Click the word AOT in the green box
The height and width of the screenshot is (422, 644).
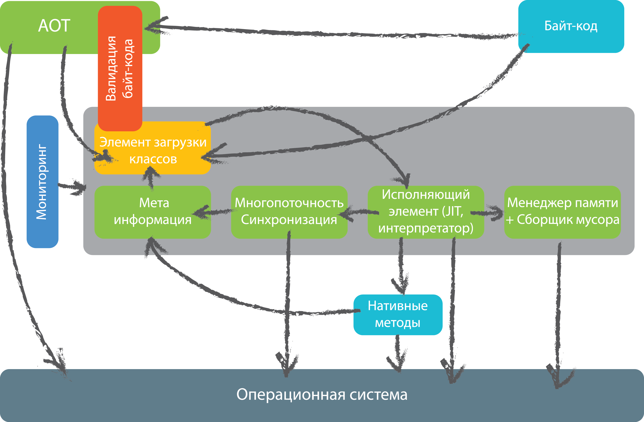point(54,26)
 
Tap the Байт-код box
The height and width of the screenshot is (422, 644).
point(571,26)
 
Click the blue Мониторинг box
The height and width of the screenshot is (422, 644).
point(42,182)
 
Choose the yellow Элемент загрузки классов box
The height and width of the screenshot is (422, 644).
point(153,150)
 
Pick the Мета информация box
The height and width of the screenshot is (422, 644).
point(153,212)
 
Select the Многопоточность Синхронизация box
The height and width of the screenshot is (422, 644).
point(289,212)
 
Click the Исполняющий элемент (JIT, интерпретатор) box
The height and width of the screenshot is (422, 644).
point(426,212)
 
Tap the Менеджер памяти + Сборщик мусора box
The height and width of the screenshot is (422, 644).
point(562,212)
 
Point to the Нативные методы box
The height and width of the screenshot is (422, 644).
point(398,315)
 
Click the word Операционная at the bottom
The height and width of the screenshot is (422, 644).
point(291,395)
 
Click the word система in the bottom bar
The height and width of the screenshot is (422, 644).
point(379,395)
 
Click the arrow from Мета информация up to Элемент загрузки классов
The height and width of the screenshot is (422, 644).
point(151,179)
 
